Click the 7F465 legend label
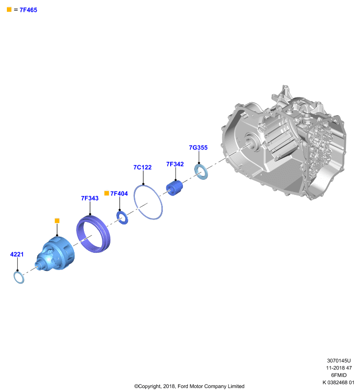point(28,10)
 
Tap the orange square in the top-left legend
point(9,9)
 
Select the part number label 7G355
point(198,147)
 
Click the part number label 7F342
point(175,164)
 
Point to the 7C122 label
point(142,167)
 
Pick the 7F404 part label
point(119,194)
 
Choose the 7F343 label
point(90,198)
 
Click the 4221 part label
point(17,254)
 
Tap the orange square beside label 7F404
point(106,193)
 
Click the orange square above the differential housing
point(57,221)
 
